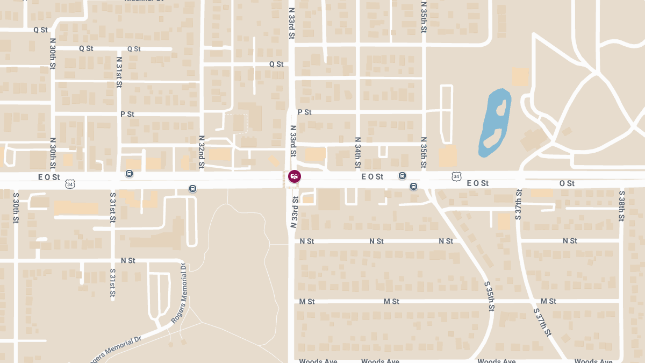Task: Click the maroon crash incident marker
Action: click(294, 176)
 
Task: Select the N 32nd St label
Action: click(202, 153)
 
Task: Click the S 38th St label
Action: click(621, 205)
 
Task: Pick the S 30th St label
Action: click(16, 208)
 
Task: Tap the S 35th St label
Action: click(489, 296)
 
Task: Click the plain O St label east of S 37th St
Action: click(567, 183)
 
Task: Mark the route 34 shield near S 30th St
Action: click(70, 184)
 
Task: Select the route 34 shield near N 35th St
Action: click(456, 176)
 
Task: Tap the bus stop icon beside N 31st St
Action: click(129, 174)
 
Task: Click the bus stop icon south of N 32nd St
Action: click(192, 188)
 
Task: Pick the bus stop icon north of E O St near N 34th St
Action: click(402, 176)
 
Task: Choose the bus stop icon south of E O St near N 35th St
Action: click(413, 187)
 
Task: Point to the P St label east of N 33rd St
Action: click(304, 112)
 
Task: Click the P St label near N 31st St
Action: click(127, 114)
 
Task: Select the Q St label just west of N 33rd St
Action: click(276, 64)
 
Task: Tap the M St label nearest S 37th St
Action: click(548, 301)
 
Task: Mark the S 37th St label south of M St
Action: click(542, 322)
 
